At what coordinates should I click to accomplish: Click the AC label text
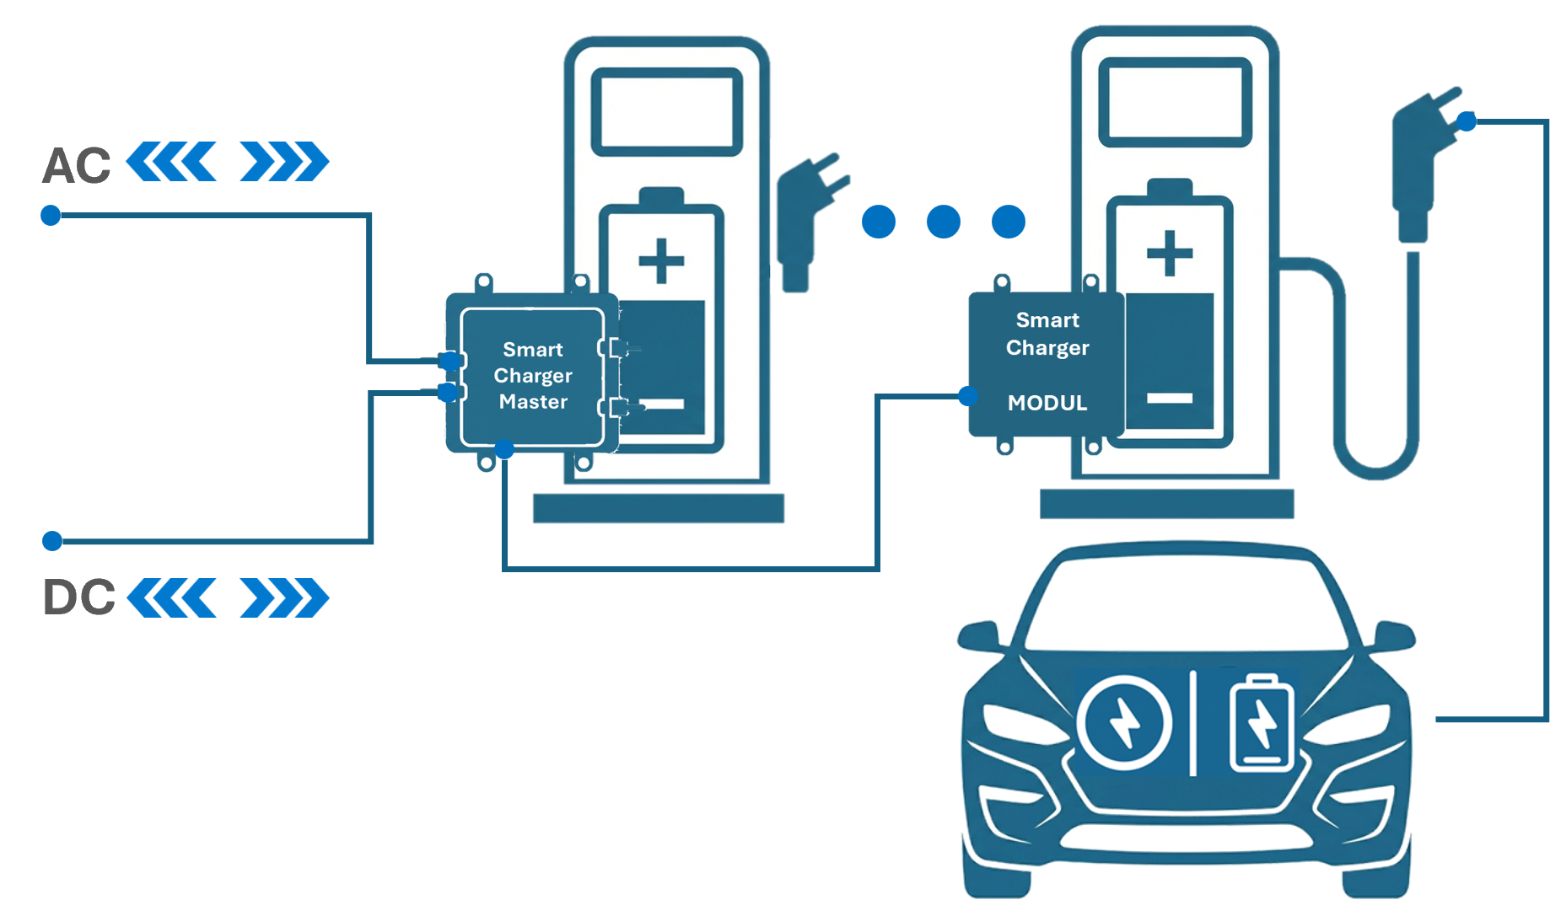click(x=77, y=166)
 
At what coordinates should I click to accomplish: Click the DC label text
click(x=78, y=597)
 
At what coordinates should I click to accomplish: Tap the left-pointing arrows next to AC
click(x=172, y=162)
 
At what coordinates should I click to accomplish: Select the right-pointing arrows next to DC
click(x=284, y=597)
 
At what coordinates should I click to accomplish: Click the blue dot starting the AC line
click(x=51, y=216)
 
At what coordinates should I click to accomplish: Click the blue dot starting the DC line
click(x=52, y=540)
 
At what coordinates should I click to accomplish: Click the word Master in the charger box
click(x=533, y=402)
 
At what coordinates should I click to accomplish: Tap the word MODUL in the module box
click(x=1047, y=403)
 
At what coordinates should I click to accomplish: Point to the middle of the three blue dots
click(x=943, y=222)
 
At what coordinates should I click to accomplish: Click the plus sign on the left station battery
click(x=661, y=260)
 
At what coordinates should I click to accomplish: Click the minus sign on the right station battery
click(x=1170, y=398)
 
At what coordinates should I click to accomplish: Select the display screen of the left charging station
click(x=666, y=113)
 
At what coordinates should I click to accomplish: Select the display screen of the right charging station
click(x=1175, y=103)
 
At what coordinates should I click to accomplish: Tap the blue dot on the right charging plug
click(x=1467, y=121)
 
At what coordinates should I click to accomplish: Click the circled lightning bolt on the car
click(x=1124, y=723)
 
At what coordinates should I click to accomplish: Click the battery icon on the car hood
click(x=1262, y=724)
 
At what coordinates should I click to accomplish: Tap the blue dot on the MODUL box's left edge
click(x=968, y=395)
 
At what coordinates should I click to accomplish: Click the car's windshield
click(x=1185, y=603)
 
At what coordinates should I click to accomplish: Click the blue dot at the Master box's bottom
click(x=504, y=449)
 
